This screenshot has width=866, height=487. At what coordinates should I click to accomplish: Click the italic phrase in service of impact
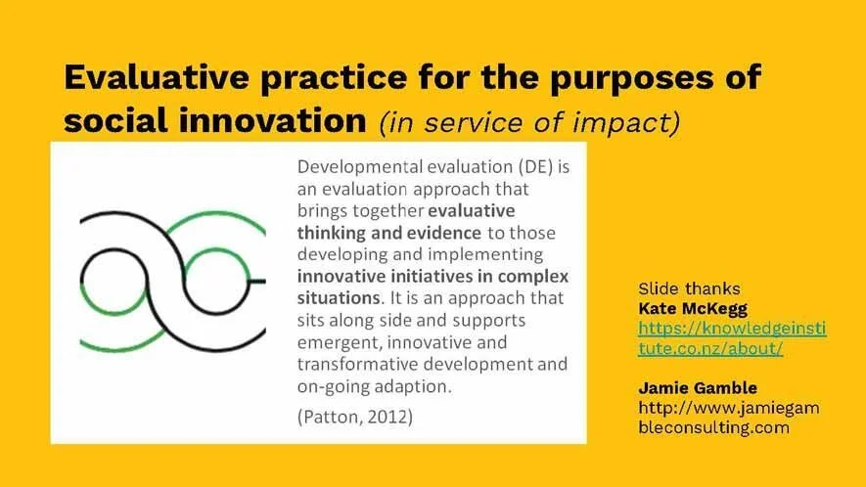527,122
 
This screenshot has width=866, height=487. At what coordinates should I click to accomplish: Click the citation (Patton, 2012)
354,418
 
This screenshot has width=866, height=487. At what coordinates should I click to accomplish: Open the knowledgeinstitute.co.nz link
731,337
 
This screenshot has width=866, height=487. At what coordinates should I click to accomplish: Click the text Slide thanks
689,288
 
